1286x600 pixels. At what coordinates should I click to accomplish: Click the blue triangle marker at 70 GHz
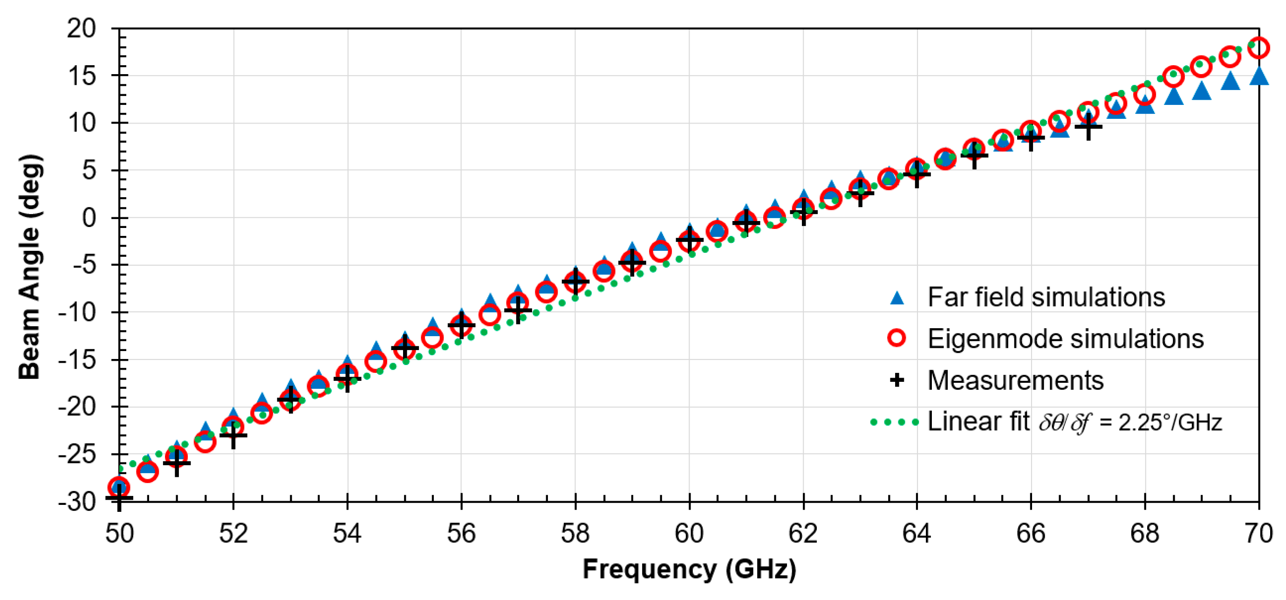[x=1259, y=76]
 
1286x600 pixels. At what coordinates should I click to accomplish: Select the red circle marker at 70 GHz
[x=1259, y=48]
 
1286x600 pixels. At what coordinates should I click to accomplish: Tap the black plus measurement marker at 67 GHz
[x=1088, y=127]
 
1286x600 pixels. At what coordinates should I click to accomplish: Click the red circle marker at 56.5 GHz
[x=490, y=315]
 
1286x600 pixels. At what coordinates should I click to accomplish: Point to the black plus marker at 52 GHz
[x=233, y=435]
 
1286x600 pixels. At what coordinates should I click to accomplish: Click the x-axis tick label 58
[x=575, y=533]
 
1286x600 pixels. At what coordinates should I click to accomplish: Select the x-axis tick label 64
[x=917, y=533]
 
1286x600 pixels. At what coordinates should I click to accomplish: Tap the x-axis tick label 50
[x=119, y=533]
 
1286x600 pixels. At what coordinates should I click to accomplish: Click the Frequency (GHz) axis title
[x=689, y=570]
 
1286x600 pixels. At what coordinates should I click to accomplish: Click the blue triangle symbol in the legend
[x=896, y=298]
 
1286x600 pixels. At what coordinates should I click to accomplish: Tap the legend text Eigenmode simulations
[x=1065, y=339]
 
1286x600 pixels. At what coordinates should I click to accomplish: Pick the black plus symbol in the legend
[x=896, y=380]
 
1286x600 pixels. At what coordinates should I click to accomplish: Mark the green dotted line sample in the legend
[x=894, y=422]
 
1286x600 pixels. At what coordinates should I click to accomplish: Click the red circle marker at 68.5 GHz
[x=1173, y=76]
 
